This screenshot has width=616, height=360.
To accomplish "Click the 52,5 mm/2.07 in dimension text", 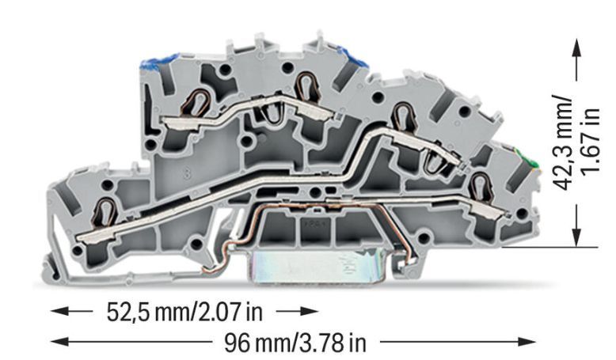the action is (x=184, y=313).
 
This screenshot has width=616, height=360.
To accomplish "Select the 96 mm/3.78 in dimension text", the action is (x=295, y=343).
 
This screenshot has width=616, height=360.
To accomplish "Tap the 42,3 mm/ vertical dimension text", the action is (x=565, y=142).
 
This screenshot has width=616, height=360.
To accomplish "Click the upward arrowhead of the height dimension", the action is (x=576, y=48).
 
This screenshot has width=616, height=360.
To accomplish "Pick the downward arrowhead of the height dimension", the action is (x=576, y=236).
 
